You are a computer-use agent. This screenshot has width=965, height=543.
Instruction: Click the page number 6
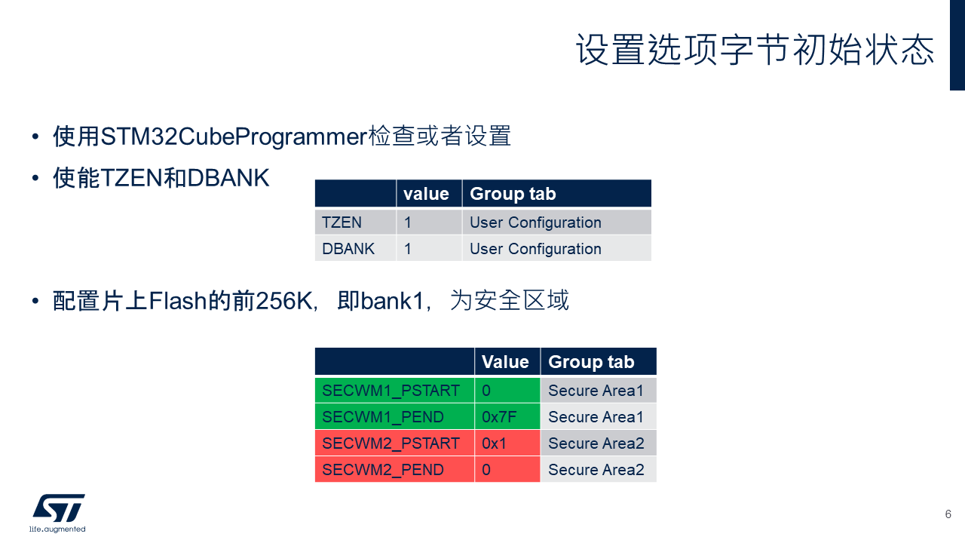(948, 514)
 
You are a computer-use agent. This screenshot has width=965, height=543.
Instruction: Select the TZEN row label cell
(355, 222)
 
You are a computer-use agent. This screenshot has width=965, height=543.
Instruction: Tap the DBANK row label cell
(355, 249)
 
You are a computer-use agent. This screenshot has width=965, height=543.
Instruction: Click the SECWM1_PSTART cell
(394, 391)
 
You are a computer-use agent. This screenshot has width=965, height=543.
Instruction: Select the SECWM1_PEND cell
(394, 417)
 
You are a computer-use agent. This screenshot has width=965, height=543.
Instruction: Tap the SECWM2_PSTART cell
(394, 443)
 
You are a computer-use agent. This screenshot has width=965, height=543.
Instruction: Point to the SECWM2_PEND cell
(394, 469)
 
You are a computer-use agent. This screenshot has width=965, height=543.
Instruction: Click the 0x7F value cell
(507, 417)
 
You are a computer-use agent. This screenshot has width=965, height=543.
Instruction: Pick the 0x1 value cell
(507, 443)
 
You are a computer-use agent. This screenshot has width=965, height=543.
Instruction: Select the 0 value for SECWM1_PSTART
(507, 391)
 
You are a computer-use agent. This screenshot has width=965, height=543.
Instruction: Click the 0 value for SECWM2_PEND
(507, 469)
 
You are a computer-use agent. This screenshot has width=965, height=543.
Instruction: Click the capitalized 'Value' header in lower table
(507, 361)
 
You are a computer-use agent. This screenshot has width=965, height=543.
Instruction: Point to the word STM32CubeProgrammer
(234, 137)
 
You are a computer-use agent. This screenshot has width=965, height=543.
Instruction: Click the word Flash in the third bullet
(178, 301)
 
